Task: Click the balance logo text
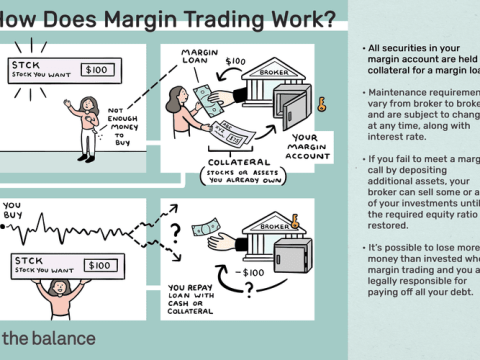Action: coord(50,338)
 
